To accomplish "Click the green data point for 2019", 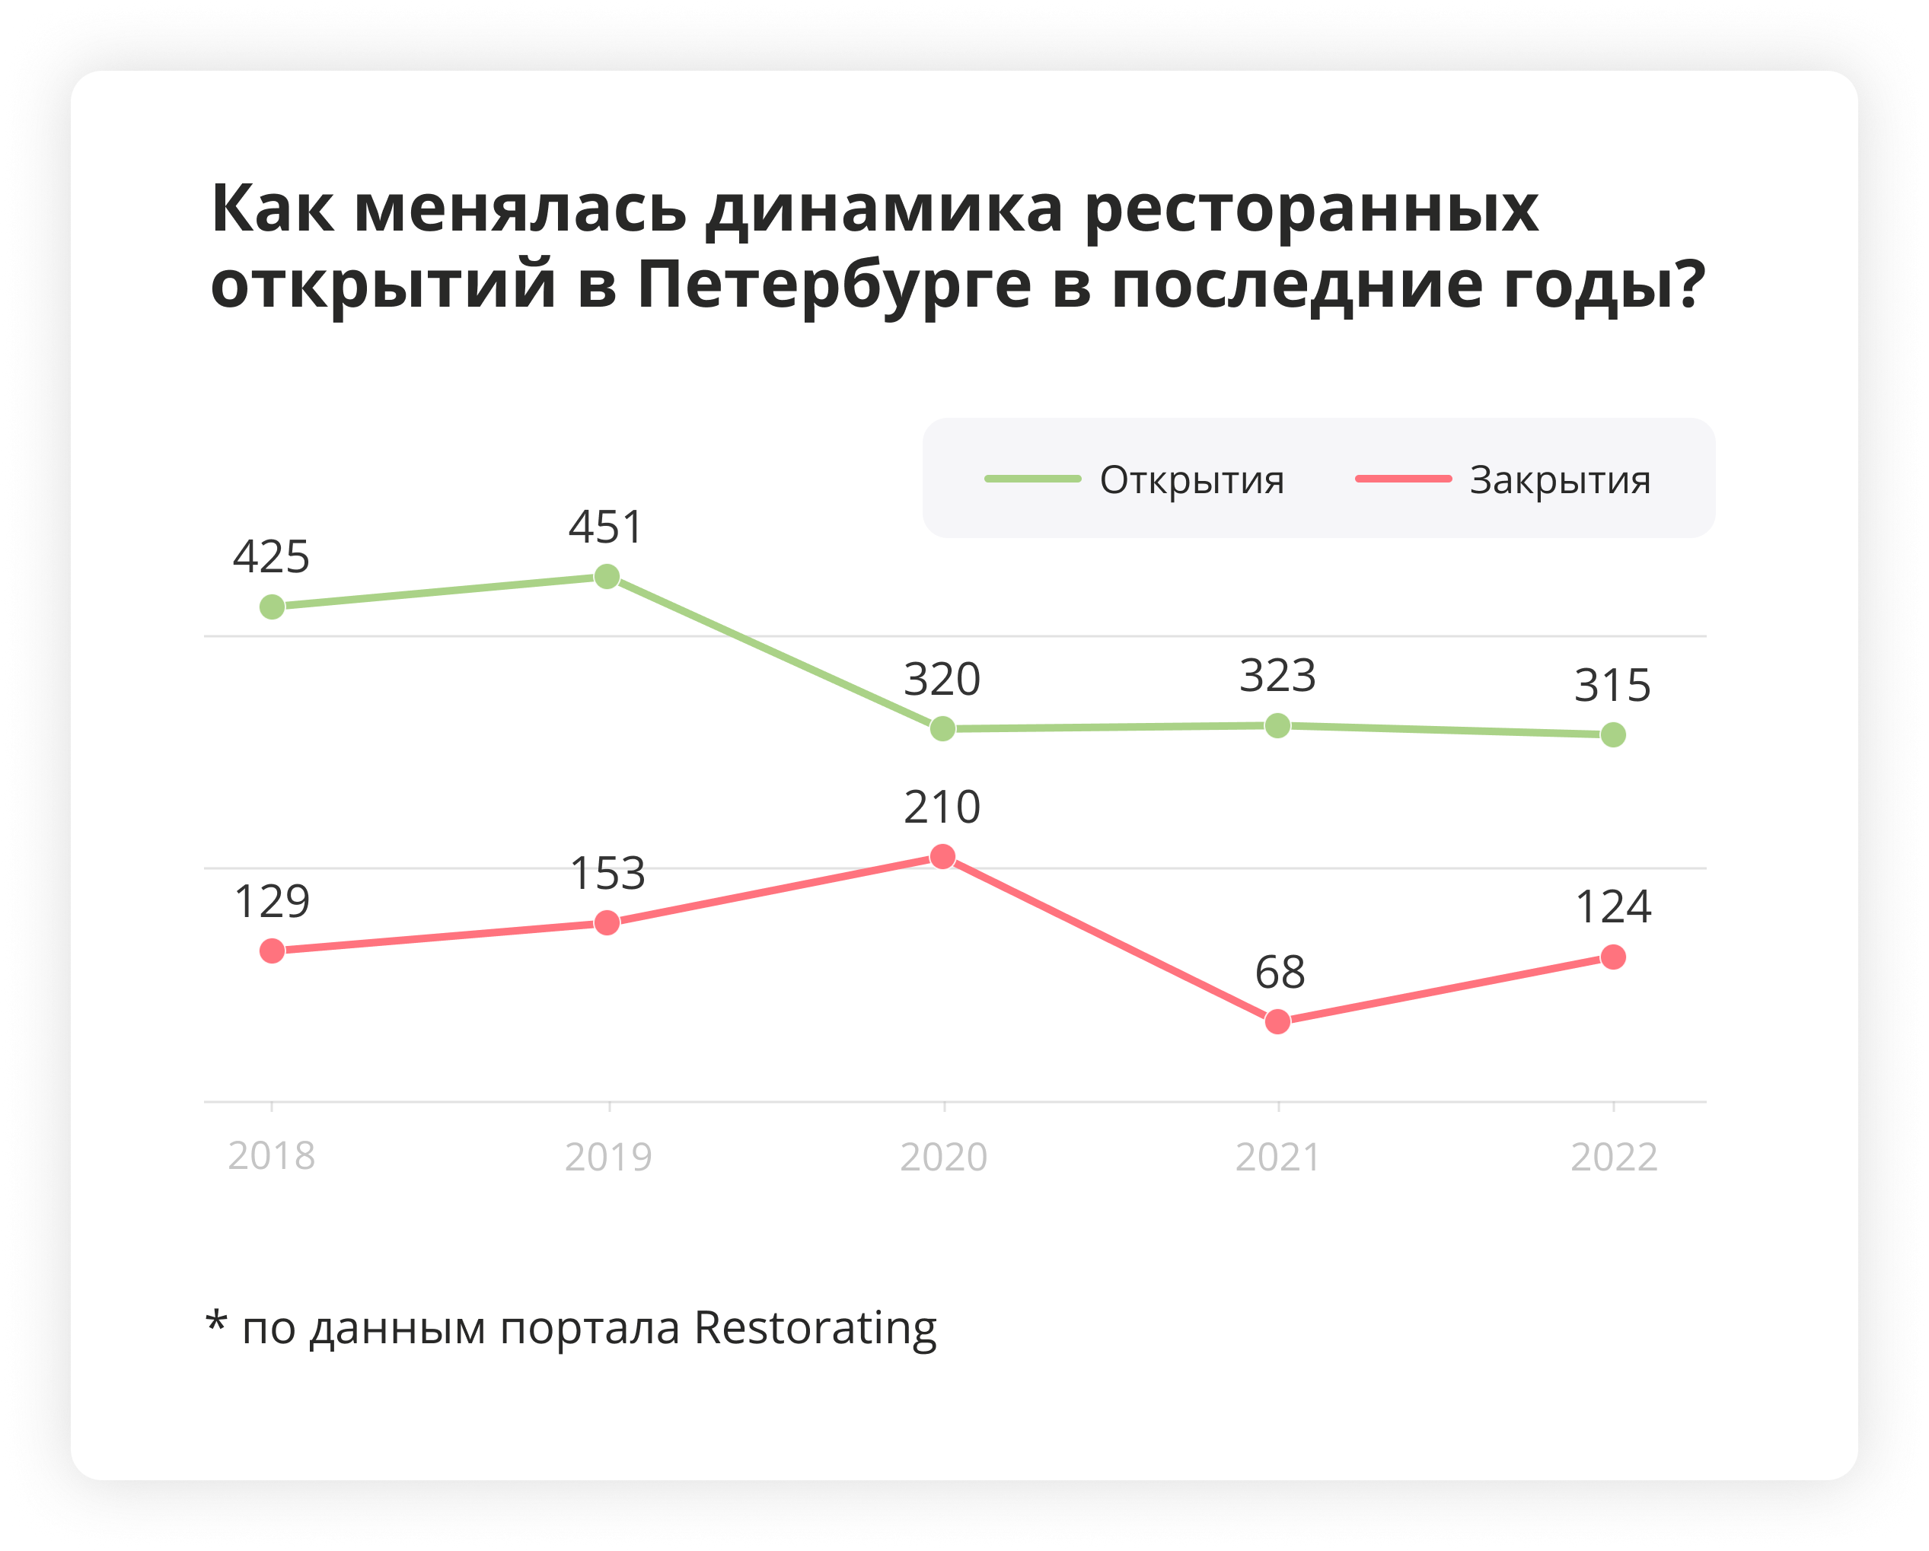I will [607, 577].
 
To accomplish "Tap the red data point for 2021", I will [1277, 1021].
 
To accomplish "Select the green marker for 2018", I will [272, 607].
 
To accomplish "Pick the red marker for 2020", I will [942, 857].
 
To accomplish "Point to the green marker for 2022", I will [1613, 735].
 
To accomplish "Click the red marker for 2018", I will [272, 951].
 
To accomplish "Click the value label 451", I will [607, 527].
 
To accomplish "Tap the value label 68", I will [1280, 973].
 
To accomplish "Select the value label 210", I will [942, 807].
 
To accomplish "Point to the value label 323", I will [1277, 677].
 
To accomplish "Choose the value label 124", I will [1613, 907].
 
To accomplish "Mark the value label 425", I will [272, 557].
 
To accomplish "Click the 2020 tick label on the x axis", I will [944, 1158].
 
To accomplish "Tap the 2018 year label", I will [272, 1156].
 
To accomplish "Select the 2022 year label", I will [1615, 1158].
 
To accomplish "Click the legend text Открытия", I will [1192, 480].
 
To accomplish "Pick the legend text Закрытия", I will [1561, 480].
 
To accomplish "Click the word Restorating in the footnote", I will [815, 1328].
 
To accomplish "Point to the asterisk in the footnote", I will [215, 1322].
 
